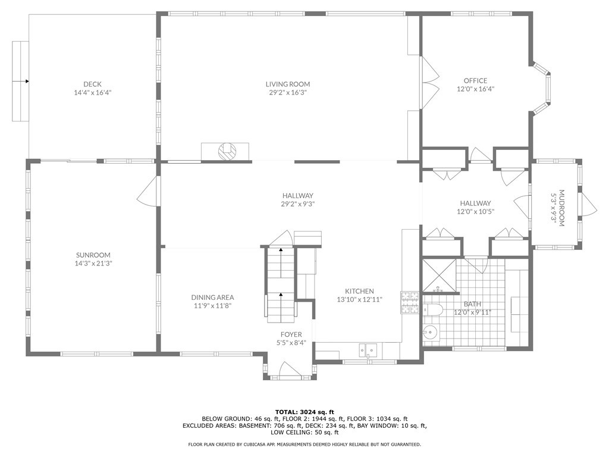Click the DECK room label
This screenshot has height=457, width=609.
pos(93,84)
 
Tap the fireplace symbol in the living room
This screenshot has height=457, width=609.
pos(226,152)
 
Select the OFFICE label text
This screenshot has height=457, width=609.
pos(475,80)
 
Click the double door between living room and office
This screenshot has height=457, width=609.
pos(429,83)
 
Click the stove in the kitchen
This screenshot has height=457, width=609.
pos(410,302)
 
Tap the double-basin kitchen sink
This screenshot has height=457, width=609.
pos(368,350)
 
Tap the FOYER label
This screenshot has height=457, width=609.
pos(291,334)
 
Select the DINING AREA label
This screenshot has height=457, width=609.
pos(212,298)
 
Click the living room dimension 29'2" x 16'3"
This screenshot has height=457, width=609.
pos(288,92)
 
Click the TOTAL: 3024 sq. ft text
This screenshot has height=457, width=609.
pos(304,412)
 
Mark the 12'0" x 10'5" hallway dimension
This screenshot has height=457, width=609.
pos(475,211)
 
